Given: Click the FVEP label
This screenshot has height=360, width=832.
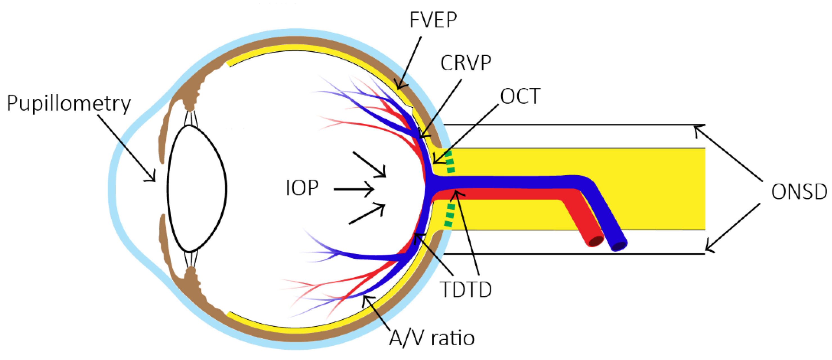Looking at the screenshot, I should point(433,20).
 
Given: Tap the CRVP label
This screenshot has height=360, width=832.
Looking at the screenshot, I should point(466,63).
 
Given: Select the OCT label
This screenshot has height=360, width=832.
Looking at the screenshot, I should point(520,96).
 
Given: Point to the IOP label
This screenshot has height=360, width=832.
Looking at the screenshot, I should point(302,188).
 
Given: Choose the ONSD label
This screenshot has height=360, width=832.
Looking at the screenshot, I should point(799,192).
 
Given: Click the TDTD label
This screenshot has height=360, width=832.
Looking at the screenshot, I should point(466,290).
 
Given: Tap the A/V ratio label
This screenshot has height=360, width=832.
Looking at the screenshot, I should point(431,338).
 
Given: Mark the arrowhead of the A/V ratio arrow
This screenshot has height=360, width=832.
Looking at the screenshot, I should point(365,298).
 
